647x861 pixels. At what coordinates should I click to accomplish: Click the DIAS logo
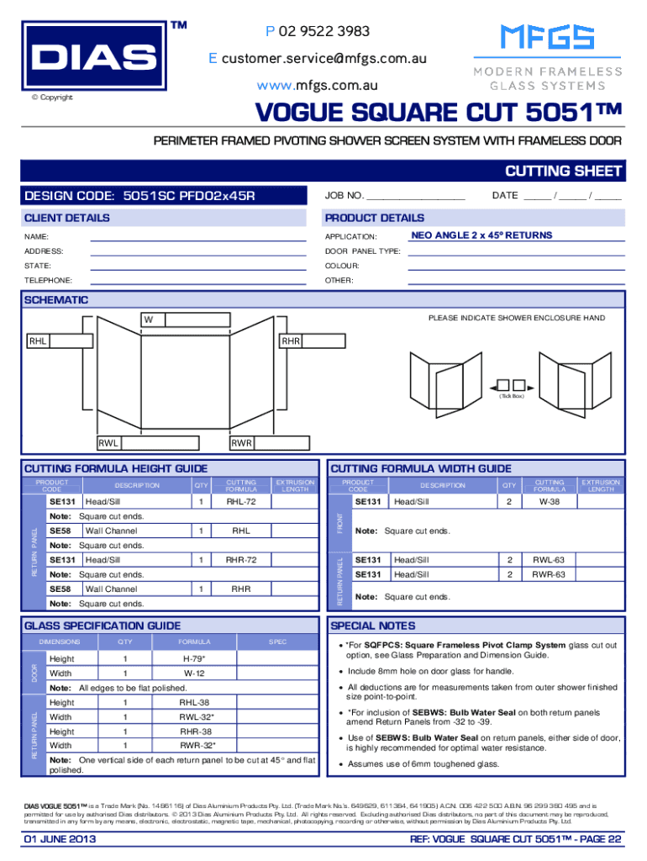click(x=92, y=57)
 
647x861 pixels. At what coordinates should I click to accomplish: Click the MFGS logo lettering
click(x=547, y=38)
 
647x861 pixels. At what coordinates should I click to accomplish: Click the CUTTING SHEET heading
click(x=563, y=172)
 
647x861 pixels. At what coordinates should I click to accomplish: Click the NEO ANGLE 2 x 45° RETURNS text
click(x=481, y=235)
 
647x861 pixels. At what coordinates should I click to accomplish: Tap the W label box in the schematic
click(x=152, y=320)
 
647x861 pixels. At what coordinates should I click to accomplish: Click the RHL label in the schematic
click(x=38, y=341)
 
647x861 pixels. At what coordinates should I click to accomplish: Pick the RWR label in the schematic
click(x=242, y=443)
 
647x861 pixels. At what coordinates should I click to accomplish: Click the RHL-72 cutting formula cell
click(x=241, y=502)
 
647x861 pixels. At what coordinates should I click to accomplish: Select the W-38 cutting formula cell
click(x=550, y=502)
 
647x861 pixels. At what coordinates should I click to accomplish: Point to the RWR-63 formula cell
click(x=550, y=574)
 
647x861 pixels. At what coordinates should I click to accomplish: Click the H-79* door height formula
click(x=194, y=659)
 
